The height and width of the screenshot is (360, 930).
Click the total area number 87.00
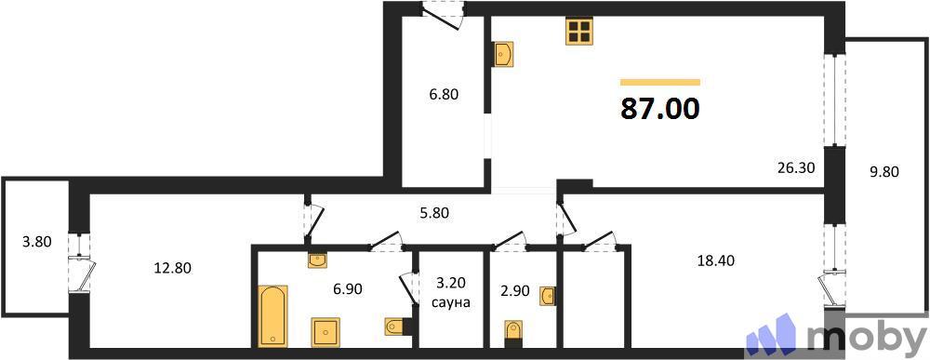pos(659,109)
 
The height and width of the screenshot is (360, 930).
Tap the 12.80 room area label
pos(173,268)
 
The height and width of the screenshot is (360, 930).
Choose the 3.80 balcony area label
pos(36,242)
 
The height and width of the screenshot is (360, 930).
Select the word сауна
pos(451,302)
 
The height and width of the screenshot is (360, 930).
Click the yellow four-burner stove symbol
pos(579,33)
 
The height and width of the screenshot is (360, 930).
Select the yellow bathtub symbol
pos(273,314)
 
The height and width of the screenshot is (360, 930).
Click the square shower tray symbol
pos(326,331)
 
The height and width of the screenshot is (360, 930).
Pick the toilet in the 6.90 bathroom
pos(394,326)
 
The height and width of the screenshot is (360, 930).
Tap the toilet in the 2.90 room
pos(512,331)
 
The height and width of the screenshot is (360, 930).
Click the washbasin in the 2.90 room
pos(548,297)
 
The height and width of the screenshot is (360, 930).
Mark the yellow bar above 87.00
pos(659,82)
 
